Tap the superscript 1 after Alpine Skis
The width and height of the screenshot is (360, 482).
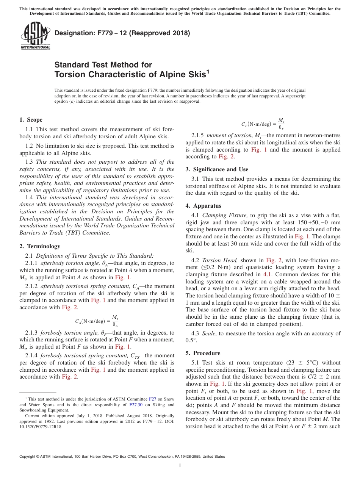tap(207, 71)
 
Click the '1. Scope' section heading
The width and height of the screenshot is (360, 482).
tap(31, 120)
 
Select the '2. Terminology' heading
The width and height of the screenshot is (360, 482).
tap(39, 246)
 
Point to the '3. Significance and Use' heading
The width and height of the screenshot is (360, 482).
tap(217, 169)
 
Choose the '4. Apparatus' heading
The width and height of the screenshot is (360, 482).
tap(203, 206)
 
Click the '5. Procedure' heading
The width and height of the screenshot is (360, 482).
tap(203, 353)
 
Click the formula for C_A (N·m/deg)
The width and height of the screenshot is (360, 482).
tap(97, 321)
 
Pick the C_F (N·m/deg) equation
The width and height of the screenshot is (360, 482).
tap(263, 124)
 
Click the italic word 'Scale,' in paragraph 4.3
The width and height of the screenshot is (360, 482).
tap(210, 333)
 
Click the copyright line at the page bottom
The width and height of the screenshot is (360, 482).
tap(122, 457)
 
